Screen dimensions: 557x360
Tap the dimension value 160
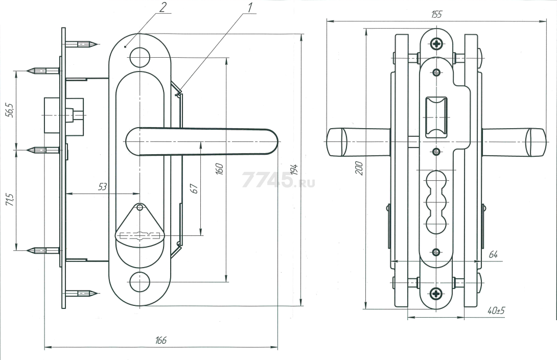click(x=220, y=169)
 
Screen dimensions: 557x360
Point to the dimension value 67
click(x=194, y=188)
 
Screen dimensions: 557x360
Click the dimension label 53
click(x=102, y=187)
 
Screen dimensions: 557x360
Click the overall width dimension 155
click(x=436, y=14)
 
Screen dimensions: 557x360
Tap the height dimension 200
click(x=359, y=167)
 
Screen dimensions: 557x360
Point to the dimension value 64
click(x=493, y=255)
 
